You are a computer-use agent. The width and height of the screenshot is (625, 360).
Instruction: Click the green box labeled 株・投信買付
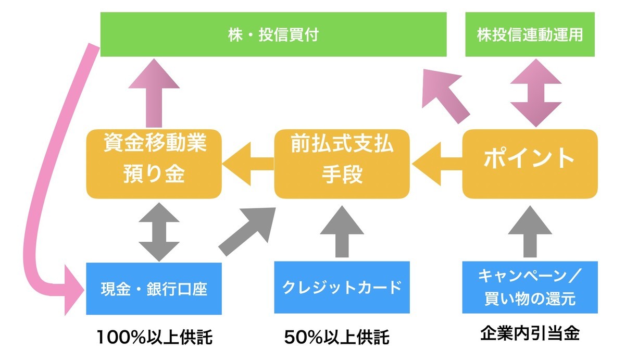pyautogui.click(x=273, y=34)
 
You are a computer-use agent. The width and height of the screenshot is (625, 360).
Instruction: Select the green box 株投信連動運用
pyautogui.click(x=531, y=34)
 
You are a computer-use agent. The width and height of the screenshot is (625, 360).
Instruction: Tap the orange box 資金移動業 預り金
pyautogui.click(x=154, y=164)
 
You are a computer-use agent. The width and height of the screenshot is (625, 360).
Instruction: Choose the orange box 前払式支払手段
pyautogui.click(x=342, y=164)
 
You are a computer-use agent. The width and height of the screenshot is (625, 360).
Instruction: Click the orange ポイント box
pyautogui.click(x=530, y=164)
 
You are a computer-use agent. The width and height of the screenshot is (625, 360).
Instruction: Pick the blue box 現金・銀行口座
pyautogui.click(x=154, y=288)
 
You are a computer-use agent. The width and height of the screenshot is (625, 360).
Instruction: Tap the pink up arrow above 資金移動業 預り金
pyautogui.click(x=154, y=94)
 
